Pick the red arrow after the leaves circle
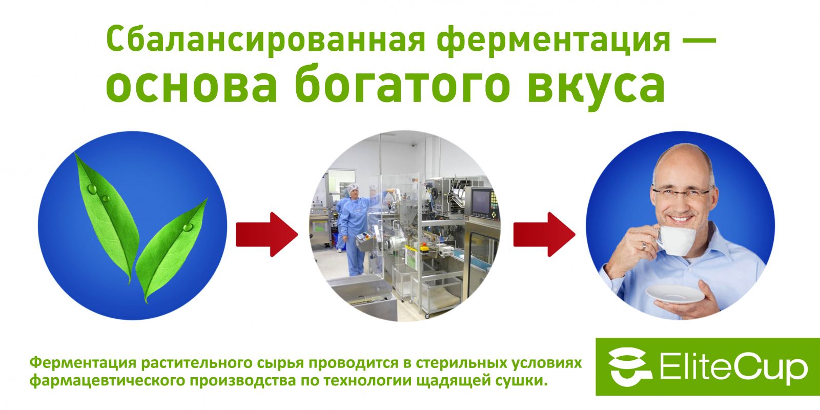pos(267,234)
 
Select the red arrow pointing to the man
pos(544,234)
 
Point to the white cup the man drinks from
pos(675,240)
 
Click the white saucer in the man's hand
pos(675,294)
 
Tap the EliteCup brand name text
pos(733,367)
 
